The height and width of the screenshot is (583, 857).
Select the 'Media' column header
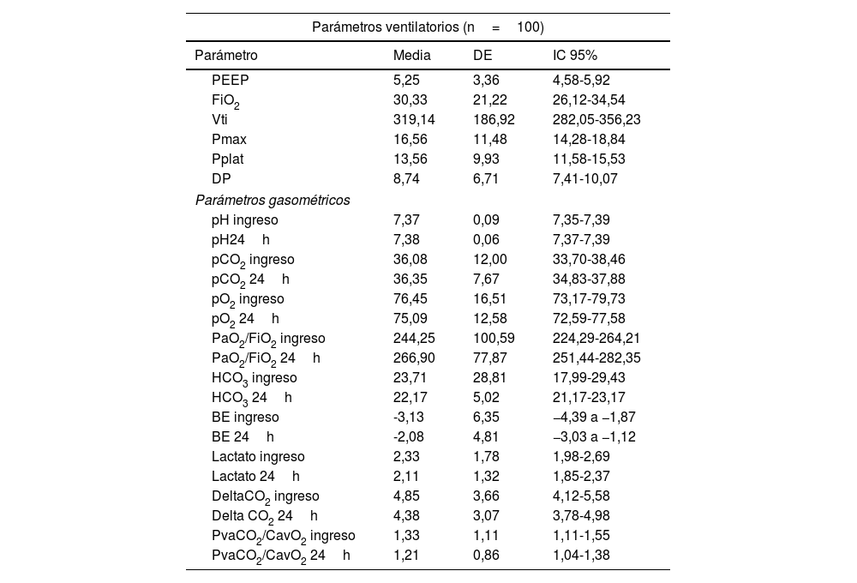411,55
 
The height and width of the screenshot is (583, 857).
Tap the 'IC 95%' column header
575,55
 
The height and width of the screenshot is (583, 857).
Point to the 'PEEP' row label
231,80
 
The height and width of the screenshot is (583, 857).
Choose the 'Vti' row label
221,119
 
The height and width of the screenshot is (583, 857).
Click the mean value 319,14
414,119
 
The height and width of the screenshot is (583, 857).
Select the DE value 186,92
494,119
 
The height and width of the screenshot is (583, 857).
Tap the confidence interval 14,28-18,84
589,139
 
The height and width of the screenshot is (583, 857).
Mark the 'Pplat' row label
229,159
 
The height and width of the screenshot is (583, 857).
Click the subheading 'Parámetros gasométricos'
272,200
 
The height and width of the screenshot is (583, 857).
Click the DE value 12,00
490,259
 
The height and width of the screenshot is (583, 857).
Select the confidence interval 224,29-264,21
596,338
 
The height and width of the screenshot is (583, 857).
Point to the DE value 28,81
490,377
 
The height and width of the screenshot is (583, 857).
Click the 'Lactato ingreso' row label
258,456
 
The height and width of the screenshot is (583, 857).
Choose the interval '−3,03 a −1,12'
594,436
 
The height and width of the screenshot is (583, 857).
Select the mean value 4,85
405,496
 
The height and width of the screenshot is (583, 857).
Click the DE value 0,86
487,555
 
